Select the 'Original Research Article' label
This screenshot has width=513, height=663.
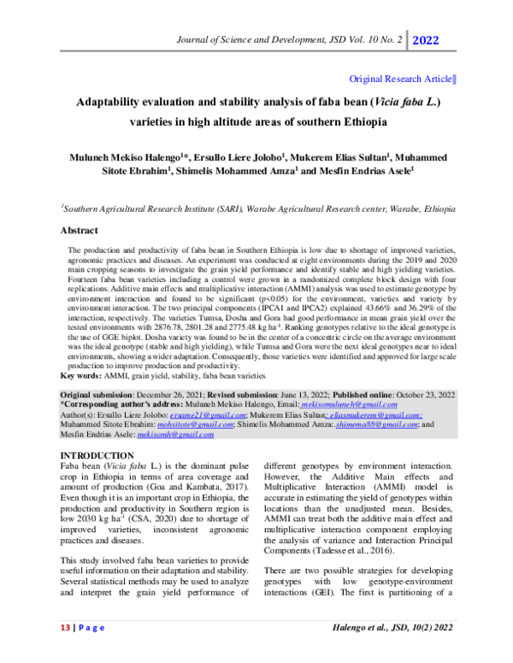tap(401, 79)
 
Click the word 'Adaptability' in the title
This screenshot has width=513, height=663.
tap(114, 102)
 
